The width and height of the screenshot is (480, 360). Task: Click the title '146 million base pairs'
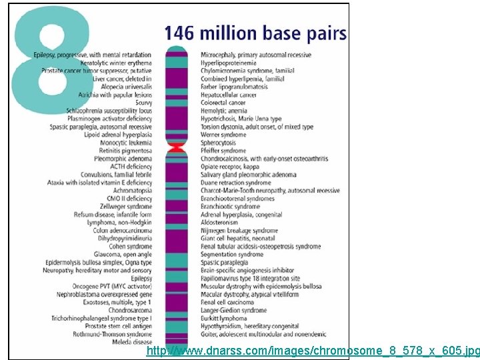[x=255, y=33]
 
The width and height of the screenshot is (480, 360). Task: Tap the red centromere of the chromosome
[x=176, y=147]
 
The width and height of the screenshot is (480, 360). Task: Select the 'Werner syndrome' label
[x=223, y=135]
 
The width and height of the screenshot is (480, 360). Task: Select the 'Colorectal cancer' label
[x=223, y=103]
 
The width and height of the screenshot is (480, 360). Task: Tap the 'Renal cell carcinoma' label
[x=227, y=303]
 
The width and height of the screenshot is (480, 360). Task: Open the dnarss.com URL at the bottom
[x=313, y=351]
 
